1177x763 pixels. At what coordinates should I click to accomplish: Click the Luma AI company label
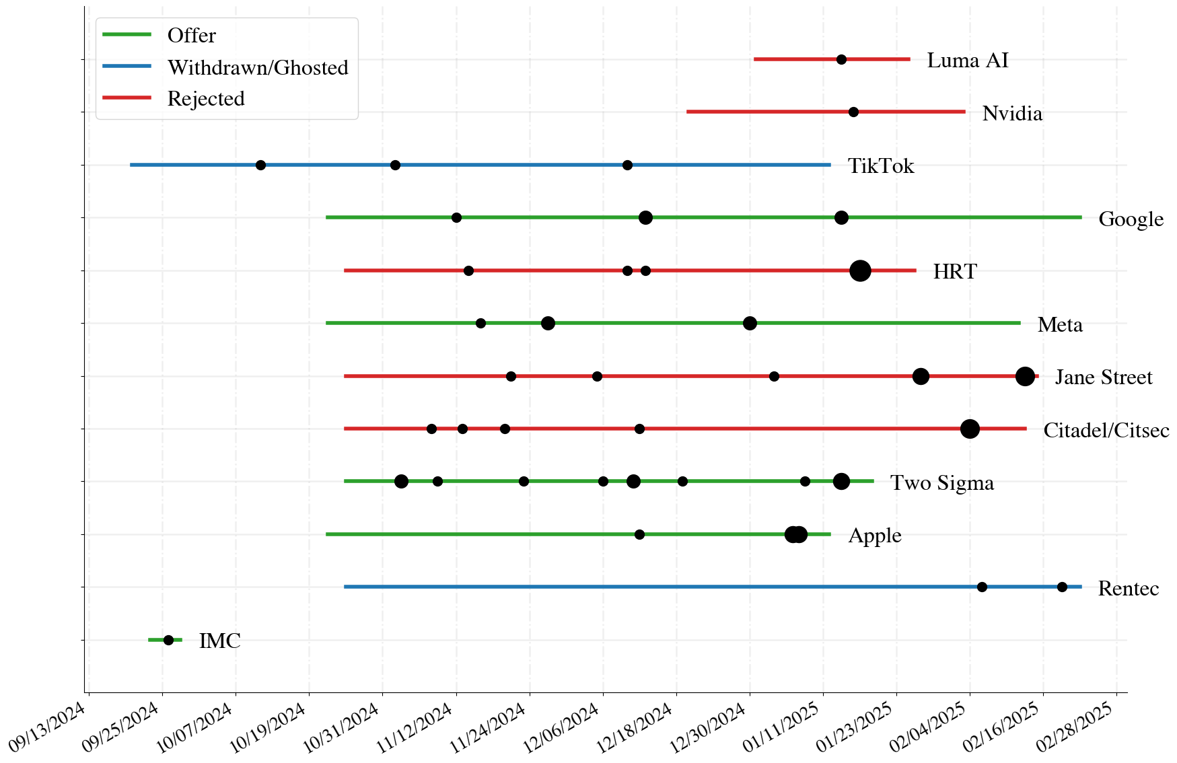(968, 61)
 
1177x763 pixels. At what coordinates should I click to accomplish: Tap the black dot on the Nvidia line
(853, 112)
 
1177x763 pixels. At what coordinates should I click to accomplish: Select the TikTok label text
(881, 166)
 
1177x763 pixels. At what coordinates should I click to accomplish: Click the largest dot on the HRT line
(860, 271)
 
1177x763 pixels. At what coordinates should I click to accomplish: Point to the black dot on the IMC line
(168, 640)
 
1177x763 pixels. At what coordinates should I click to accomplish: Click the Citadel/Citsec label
(1106, 430)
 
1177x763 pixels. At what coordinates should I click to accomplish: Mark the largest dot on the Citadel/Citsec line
(970, 429)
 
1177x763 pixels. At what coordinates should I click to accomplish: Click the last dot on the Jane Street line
(1025, 377)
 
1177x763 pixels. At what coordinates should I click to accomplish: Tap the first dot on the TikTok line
(260, 165)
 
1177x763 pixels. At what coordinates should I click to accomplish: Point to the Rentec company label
(1129, 588)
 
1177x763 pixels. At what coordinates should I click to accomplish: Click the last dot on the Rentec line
(1062, 587)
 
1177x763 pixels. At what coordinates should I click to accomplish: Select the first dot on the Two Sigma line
(401, 481)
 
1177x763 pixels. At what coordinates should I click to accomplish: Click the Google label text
(1131, 219)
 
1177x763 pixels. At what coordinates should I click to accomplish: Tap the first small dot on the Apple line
(639, 534)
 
